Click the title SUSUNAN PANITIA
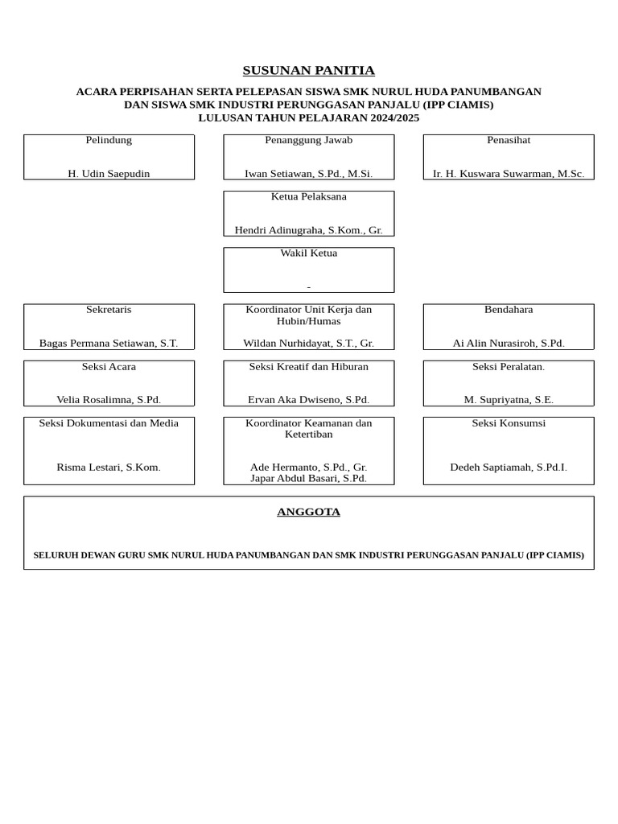click(x=308, y=71)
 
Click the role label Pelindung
click(x=109, y=140)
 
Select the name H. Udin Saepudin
click(x=109, y=174)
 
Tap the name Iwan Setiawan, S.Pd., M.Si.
click(x=308, y=174)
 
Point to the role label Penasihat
click(x=509, y=140)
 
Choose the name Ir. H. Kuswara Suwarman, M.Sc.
click(x=509, y=174)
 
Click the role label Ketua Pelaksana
click(x=308, y=196)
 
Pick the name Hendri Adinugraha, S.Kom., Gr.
click(x=308, y=230)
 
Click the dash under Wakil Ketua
click(x=308, y=287)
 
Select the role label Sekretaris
click(x=109, y=310)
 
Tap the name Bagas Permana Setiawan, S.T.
click(x=109, y=343)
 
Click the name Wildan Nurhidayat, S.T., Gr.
click(x=308, y=343)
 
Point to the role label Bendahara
click(x=509, y=310)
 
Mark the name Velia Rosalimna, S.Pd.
click(x=109, y=400)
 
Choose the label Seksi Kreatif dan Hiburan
click(x=308, y=367)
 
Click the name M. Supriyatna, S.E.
click(x=509, y=400)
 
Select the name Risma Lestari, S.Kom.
click(x=109, y=468)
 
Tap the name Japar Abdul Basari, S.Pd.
click(x=308, y=478)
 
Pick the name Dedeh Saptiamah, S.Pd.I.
click(x=509, y=468)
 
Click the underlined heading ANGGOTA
click(x=308, y=512)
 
